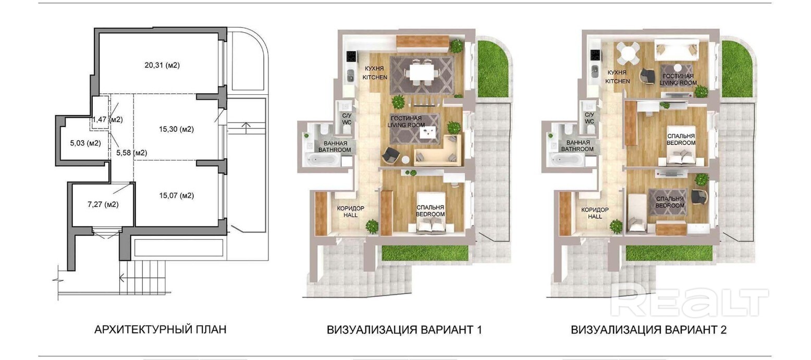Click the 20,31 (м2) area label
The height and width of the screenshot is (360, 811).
[x=162, y=66]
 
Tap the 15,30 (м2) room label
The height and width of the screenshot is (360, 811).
[x=176, y=129]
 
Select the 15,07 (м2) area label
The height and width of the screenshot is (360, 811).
[x=176, y=196]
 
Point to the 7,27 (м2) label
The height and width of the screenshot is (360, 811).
[x=103, y=204]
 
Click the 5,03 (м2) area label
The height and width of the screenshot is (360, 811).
[x=85, y=143]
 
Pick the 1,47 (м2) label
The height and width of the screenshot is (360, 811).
[x=107, y=120]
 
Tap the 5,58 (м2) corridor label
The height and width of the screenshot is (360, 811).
[x=131, y=153]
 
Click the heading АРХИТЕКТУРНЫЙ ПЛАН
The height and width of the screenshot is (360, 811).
[x=161, y=330]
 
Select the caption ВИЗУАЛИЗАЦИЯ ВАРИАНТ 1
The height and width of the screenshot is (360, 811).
[x=404, y=330]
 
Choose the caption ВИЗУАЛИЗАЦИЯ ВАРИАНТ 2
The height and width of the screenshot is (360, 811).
[x=649, y=330]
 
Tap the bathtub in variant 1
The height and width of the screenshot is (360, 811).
[x=322, y=159]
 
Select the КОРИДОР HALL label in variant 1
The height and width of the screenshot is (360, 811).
[x=350, y=212]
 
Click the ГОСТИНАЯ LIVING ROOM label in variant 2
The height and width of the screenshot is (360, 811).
[x=678, y=79]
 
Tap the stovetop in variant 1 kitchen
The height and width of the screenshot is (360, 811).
[x=351, y=56]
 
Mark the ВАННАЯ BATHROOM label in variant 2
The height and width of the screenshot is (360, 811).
[x=577, y=146]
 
